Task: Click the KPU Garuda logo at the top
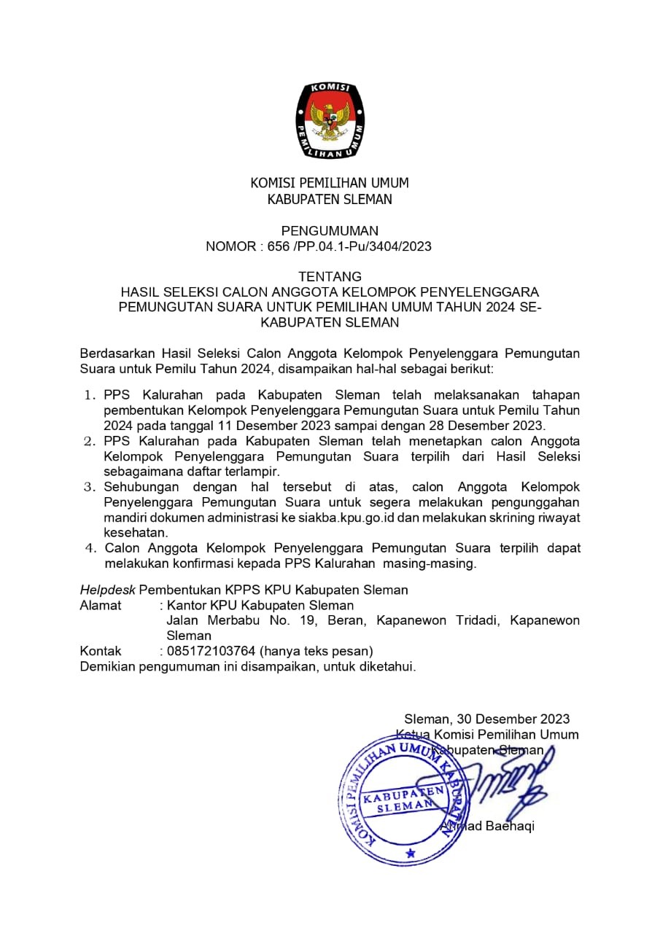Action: click(330, 121)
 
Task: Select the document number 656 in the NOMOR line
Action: click(277, 246)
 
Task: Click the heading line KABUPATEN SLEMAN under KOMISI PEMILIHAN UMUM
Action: click(330, 200)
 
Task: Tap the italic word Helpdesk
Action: click(107, 590)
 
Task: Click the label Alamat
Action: click(101, 605)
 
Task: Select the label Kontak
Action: click(101, 651)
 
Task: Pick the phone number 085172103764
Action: click(211, 651)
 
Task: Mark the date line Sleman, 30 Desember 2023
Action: click(487, 719)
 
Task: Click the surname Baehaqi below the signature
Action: click(509, 826)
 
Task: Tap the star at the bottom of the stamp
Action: click(410, 852)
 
